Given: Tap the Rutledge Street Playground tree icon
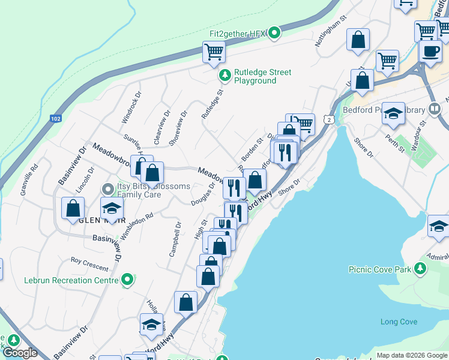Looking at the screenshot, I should [x=224, y=76].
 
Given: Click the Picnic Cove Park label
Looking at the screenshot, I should [x=380, y=269].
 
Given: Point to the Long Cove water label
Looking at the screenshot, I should [x=399, y=322].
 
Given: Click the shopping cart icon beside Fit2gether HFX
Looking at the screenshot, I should [x=213, y=52].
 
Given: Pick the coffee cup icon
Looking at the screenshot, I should [x=429, y=52].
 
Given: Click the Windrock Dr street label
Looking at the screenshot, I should [x=131, y=107].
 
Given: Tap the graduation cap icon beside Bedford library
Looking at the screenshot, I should [x=393, y=114].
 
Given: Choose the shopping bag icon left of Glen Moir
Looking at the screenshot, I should [x=73, y=209].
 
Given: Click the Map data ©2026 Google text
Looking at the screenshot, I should [x=412, y=355].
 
